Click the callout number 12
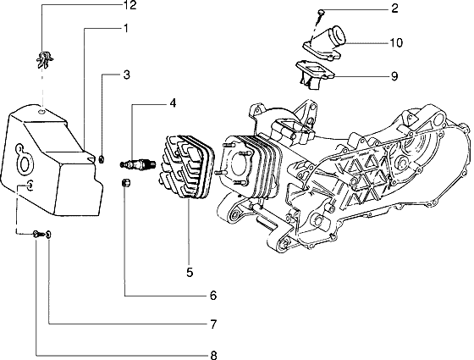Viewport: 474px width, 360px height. pyautogui.click(x=129, y=7)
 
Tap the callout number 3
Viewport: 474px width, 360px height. pyautogui.click(x=126, y=75)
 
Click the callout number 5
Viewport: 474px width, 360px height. pyautogui.click(x=190, y=272)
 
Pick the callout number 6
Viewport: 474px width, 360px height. pyautogui.click(x=213, y=296)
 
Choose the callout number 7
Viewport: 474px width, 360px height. pyautogui.click(x=213, y=324)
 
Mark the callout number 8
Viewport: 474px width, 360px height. pyautogui.click(x=213, y=354)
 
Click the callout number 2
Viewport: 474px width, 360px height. pyautogui.click(x=394, y=9)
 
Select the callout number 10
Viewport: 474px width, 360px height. pyautogui.click(x=396, y=42)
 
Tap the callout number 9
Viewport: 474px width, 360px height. pyautogui.click(x=394, y=75)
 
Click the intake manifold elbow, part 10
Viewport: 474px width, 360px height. pyautogui.click(x=329, y=44)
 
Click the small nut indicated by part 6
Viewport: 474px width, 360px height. pyautogui.click(x=125, y=184)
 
